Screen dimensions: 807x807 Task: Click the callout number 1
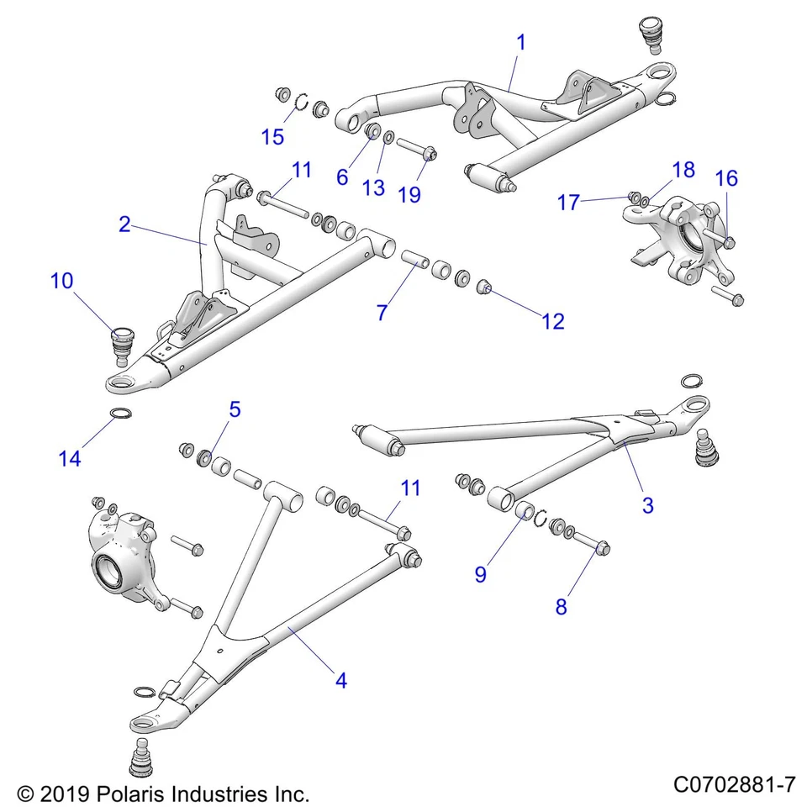click(520, 41)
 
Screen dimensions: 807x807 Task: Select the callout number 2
click(124, 224)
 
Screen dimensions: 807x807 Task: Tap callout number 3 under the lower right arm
click(647, 504)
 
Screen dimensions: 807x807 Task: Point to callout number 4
click(340, 681)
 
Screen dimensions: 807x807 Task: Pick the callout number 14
click(70, 458)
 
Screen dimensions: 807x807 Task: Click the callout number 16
click(726, 177)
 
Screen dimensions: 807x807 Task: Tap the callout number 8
click(561, 607)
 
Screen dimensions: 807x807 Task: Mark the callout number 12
click(553, 320)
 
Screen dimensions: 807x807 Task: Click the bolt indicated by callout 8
click(592, 544)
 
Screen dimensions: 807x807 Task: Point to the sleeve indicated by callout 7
click(412, 256)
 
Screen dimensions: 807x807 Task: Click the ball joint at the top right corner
click(651, 32)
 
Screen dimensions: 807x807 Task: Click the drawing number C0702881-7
click(734, 785)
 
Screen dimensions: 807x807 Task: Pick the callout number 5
click(235, 409)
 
